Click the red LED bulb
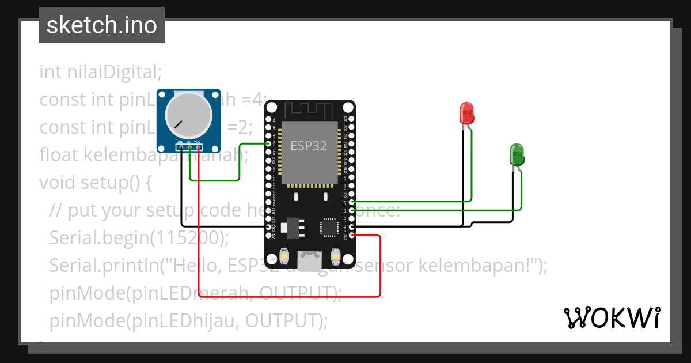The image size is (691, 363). [466, 113]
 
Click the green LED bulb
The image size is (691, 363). [517, 154]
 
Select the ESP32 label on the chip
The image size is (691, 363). [309, 146]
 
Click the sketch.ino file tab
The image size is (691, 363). [102, 25]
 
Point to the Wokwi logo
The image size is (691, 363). [612, 317]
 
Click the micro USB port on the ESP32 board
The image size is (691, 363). [310, 260]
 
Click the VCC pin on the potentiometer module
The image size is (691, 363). [198, 147]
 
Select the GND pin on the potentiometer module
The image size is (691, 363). [180, 147]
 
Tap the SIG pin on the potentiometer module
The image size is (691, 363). [189, 147]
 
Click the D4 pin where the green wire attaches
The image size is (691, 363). [352, 202]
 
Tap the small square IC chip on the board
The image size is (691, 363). [330, 226]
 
